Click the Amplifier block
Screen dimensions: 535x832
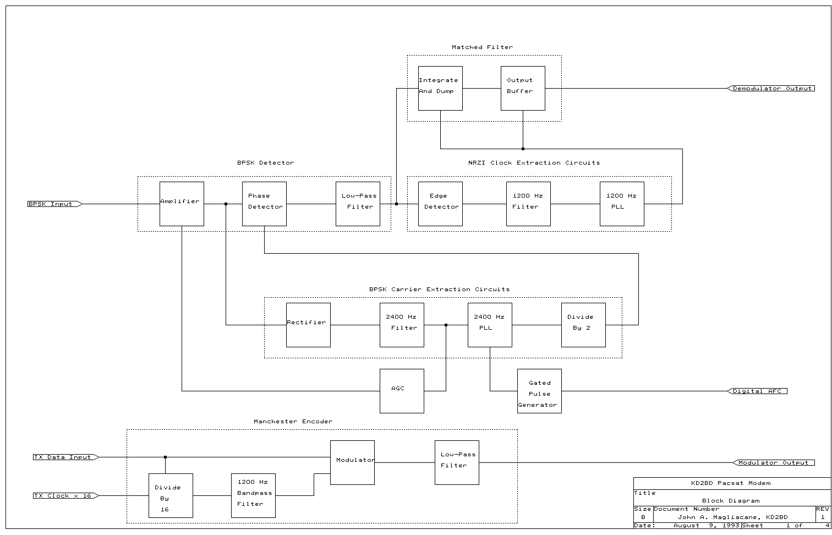click(182, 204)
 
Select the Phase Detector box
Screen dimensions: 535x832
click(264, 204)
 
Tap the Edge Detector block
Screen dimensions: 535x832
click(440, 204)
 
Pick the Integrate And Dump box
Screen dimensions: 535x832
click(440, 88)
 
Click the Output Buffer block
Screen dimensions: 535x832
click(523, 88)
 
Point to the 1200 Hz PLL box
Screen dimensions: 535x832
click(622, 204)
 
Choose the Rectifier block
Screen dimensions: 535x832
click(308, 325)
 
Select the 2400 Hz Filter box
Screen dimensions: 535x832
click(402, 325)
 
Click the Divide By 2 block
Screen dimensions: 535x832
click(583, 325)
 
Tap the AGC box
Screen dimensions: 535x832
click(402, 391)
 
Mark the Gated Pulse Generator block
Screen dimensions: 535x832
click(539, 391)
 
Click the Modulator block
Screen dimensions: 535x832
click(352, 462)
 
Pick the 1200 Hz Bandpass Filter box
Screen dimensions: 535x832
click(253, 495)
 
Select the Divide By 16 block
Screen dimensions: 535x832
click(171, 495)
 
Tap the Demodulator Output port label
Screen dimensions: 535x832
click(771, 89)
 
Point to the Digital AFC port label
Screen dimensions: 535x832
click(758, 391)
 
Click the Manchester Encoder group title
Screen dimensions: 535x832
click(293, 422)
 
